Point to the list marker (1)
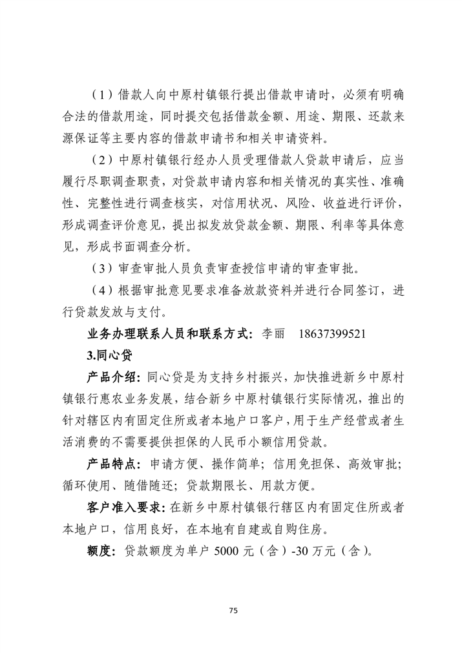(101, 94)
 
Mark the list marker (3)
(101, 268)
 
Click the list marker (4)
(101, 290)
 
